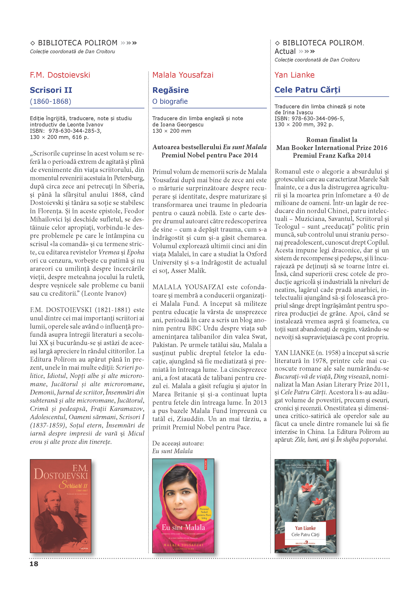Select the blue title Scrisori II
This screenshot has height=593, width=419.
51,90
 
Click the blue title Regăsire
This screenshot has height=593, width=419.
171,90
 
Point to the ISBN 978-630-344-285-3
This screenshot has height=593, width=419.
75,131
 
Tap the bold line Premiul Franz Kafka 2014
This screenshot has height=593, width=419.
332,156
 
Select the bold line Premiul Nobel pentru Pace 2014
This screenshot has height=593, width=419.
209,155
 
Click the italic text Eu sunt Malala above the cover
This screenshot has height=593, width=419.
172,451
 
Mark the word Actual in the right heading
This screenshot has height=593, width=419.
285,51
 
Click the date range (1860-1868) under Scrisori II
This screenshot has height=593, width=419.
50,101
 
